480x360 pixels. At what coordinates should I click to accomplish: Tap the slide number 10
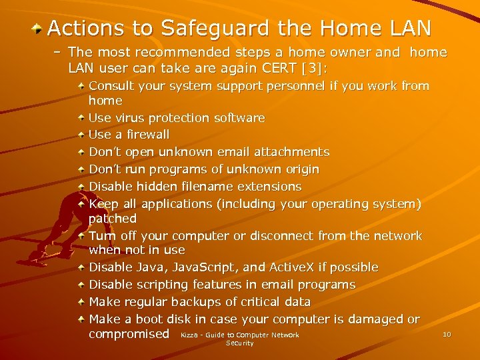tap(447, 334)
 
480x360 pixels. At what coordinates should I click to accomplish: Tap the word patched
tap(113, 219)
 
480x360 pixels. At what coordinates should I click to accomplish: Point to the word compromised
tap(129, 333)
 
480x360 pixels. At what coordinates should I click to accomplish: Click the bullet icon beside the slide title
tap(38, 29)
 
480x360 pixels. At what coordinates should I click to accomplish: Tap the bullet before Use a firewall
tap(81, 135)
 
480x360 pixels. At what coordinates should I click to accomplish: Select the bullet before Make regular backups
tap(81, 302)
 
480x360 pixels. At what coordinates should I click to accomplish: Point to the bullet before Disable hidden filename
tap(81, 187)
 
